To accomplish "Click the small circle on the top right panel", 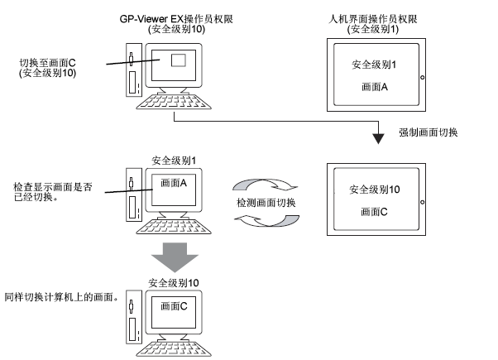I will click(422, 77).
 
